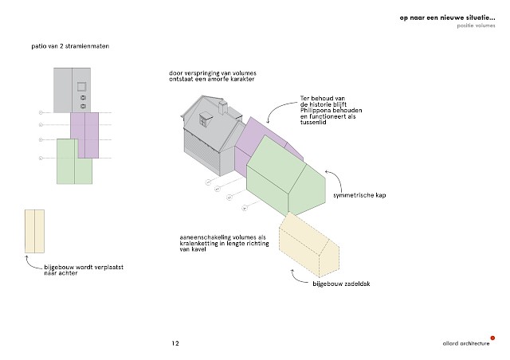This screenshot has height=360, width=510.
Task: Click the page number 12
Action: coord(175,344)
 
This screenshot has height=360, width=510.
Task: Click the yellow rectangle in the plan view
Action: coord(33,231)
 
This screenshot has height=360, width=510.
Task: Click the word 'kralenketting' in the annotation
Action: coord(202,245)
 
